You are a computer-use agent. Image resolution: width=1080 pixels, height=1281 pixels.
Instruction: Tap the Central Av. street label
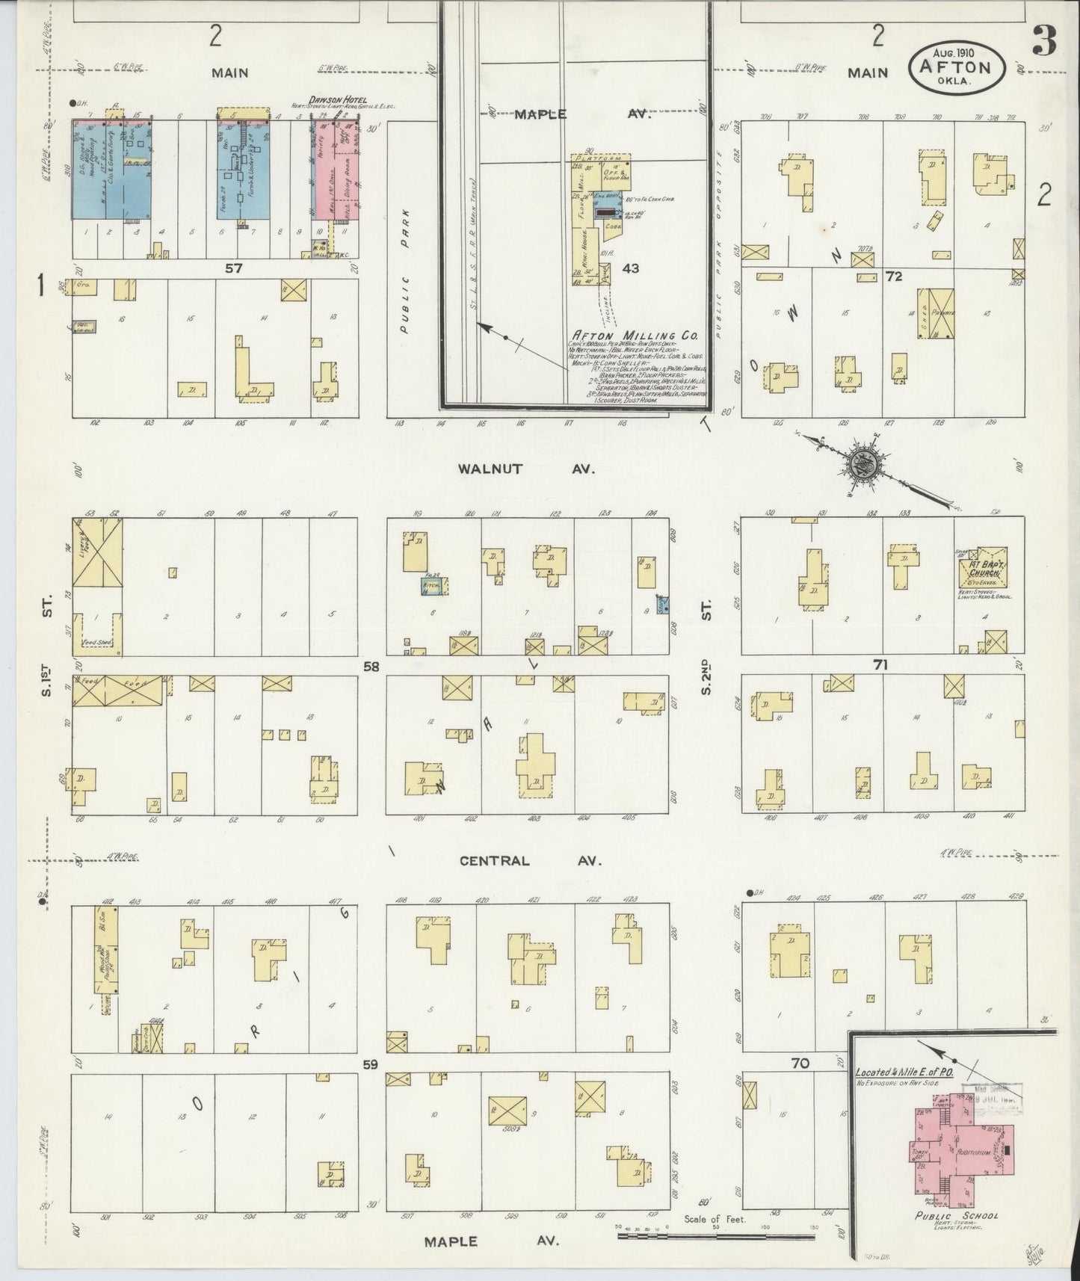530,860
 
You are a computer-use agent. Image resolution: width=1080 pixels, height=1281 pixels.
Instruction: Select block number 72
893,277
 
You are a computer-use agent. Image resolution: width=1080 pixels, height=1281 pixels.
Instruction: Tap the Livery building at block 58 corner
97,553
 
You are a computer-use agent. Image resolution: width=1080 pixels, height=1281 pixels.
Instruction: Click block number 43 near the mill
631,268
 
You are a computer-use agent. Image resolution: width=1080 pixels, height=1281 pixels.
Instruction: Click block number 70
800,1063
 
